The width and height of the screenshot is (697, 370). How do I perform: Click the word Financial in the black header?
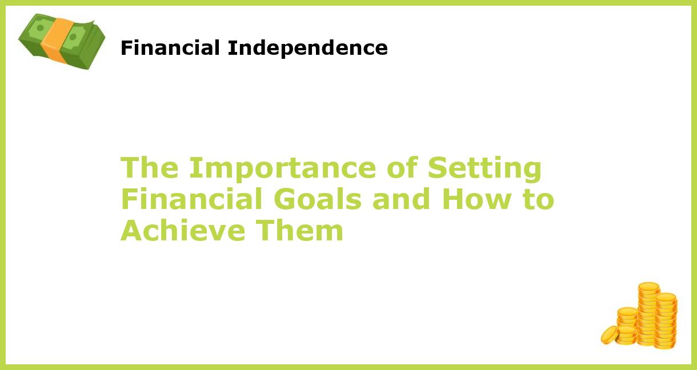click(x=171, y=48)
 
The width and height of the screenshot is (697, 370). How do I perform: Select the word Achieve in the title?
click(x=183, y=231)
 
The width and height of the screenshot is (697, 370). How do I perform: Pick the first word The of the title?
click(x=150, y=168)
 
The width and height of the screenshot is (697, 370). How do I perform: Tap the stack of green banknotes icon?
click(x=62, y=41)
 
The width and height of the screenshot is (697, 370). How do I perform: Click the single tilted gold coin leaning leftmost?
click(x=609, y=335)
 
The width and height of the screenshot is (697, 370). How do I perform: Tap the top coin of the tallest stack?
click(x=648, y=287)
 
